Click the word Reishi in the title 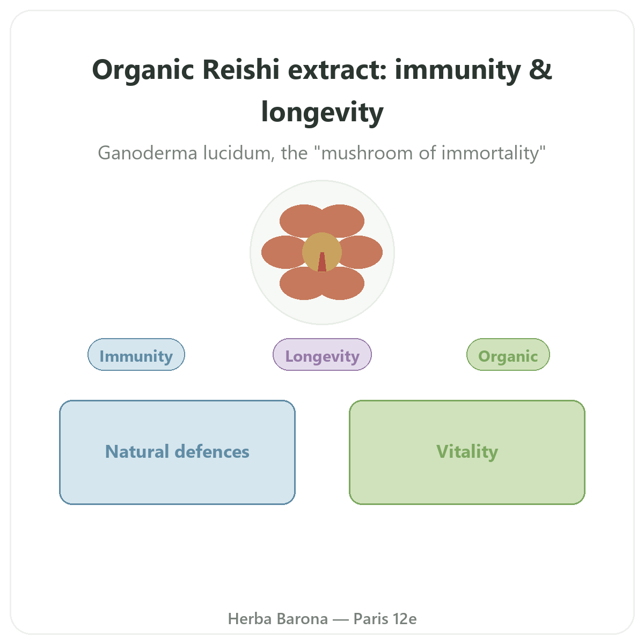[x=240, y=70]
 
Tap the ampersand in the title [x=540, y=70]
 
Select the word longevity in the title [x=322, y=113]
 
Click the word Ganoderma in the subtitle [x=148, y=153]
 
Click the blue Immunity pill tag [x=136, y=354]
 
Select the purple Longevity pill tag [x=322, y=354]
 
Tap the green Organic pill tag [x=508, y=354]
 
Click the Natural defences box [x=177, y=452]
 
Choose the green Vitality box [x=467, y=452]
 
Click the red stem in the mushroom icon [x=322, y=262]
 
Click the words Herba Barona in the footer [x=277, y=619]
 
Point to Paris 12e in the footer [x=385, y=619]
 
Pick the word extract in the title [x=337, y=70]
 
